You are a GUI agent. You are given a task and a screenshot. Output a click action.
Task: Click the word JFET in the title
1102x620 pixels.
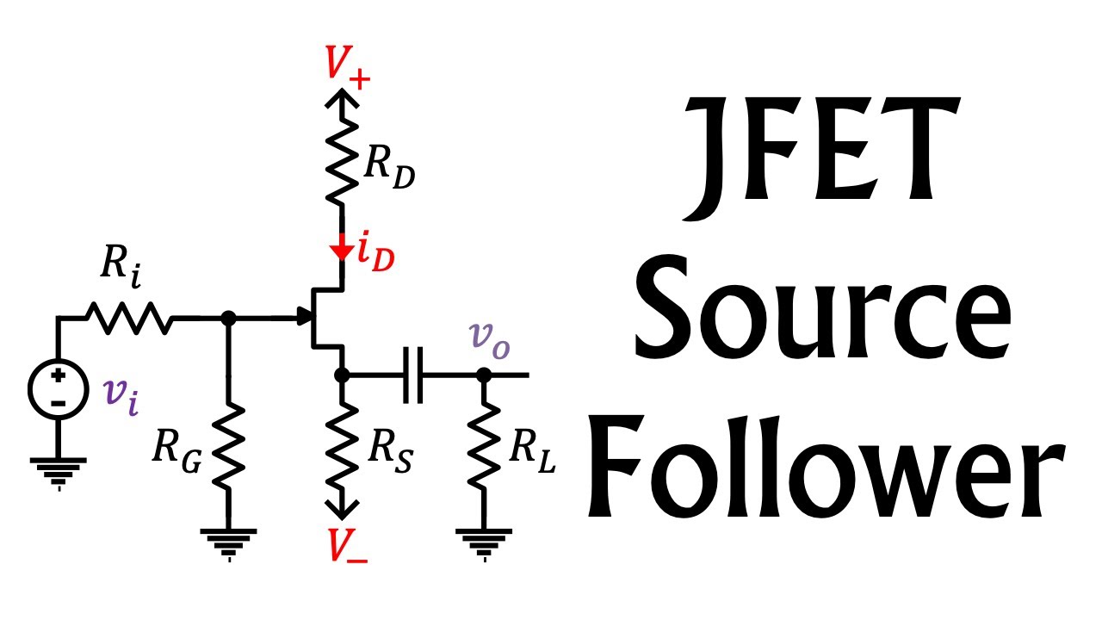click(x=821, y=158)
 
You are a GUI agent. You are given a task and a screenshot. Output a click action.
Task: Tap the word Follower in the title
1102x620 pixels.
click(x=826, y=466)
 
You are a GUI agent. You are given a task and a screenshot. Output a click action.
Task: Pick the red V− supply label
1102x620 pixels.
click(x=347, y=545)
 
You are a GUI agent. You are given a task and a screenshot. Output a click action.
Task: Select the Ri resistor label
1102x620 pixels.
click(x=121, y=266)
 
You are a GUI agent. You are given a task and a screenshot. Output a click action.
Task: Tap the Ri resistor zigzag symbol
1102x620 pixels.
click(x=130, y=319)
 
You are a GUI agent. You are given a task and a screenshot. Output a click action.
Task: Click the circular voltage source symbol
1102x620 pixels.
click(x=59, y=389)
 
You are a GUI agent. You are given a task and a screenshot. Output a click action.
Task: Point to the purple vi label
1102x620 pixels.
click(x=121, y=397)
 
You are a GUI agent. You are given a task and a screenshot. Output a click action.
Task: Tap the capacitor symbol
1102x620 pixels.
click(x=412, y=375)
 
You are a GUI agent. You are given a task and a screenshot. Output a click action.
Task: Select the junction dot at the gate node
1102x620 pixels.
click(x=228, y=319)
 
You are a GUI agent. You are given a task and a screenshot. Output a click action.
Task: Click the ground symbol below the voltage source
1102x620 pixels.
click(x=59, y=474)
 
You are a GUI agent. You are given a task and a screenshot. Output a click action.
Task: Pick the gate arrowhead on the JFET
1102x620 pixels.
click(x=305, y=316)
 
